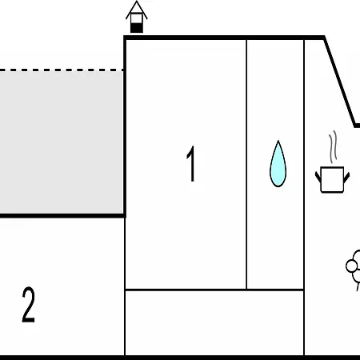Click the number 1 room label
(191, 164)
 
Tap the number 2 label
(28, 305)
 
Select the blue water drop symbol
(278, 164)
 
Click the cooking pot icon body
(332, 179)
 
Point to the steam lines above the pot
(333, 147)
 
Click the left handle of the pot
(318, 177)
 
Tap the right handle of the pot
(346, 178)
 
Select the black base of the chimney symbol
(137, 28)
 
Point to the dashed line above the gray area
(62, 70)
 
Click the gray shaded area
(62, 142)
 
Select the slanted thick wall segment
(340, 82)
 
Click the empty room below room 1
(214, 322)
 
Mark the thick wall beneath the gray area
(63, 215)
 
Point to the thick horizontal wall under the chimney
(225, 38)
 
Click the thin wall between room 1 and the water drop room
(246, 165)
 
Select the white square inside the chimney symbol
(137, 18)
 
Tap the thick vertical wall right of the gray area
(125, 126)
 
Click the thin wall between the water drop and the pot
(304, 198)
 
